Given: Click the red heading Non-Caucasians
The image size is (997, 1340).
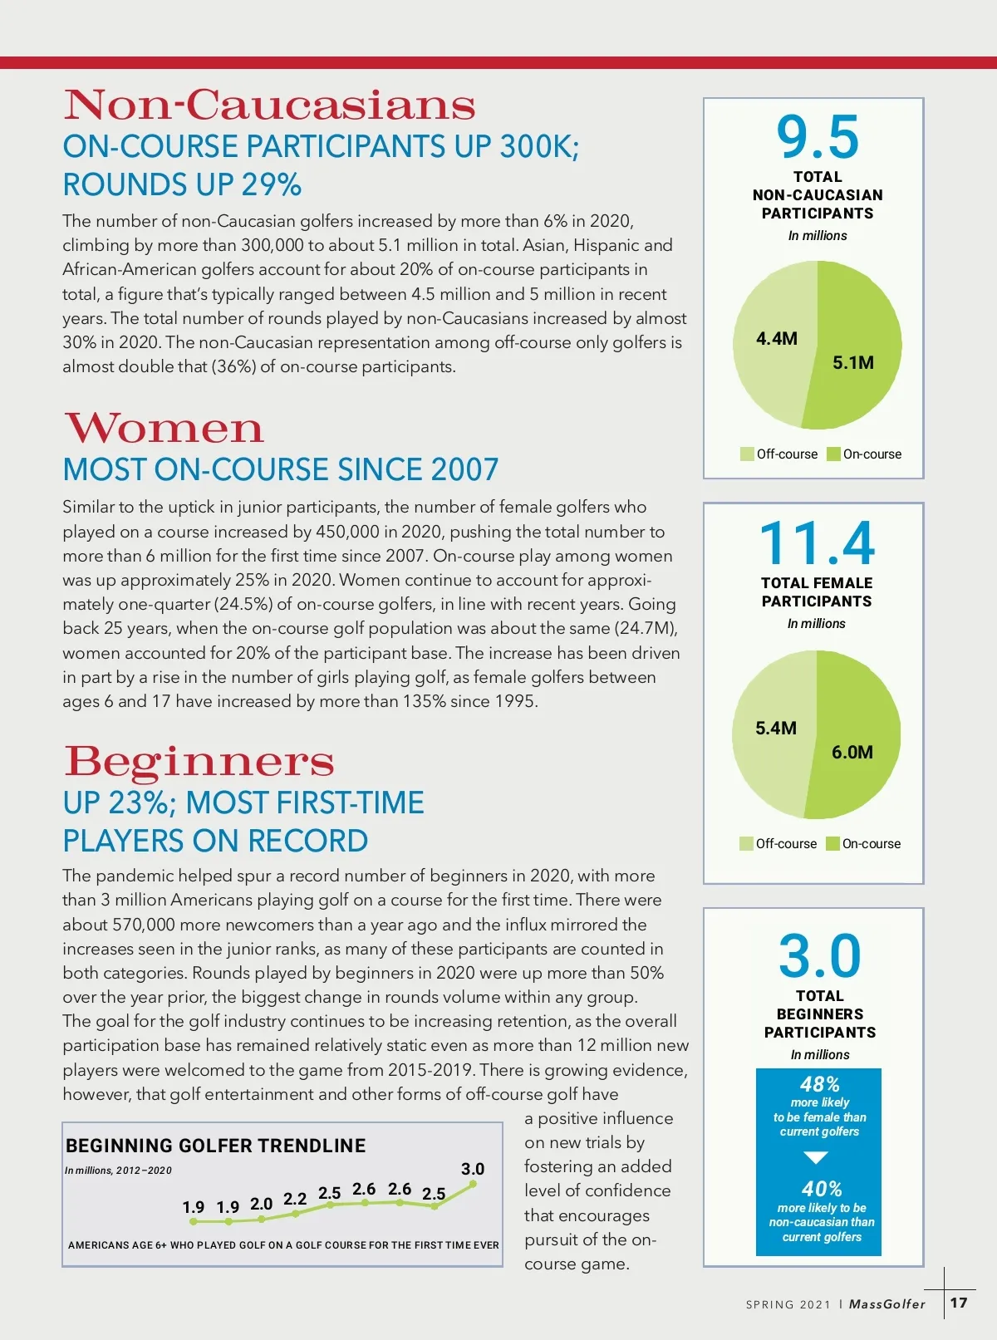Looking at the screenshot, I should (269, 106).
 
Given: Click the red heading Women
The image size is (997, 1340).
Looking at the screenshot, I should (164, 429).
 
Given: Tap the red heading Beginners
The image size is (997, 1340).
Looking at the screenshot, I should (199, 761).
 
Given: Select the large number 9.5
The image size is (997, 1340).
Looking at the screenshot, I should (818, 137).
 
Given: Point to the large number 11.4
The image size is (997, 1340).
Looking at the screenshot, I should (817, 543).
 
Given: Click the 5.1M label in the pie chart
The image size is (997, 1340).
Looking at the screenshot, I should (853, 363).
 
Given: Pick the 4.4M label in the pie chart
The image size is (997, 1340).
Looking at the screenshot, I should (776, 339).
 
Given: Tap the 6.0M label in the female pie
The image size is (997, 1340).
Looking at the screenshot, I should (852, 753).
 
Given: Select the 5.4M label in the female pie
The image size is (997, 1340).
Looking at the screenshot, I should (775, 729).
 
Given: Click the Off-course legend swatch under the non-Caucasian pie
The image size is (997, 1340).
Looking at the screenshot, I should (747, 454).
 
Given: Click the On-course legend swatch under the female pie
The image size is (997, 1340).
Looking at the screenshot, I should (832, 843).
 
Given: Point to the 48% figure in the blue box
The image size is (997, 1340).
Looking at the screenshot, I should (819, 1084).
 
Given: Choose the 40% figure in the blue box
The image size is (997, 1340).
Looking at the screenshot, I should (822, 1189).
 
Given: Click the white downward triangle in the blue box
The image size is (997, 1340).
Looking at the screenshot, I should (817, 1157).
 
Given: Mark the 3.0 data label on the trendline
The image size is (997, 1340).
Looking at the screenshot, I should (473, 1169).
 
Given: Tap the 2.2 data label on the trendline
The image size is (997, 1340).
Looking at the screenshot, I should (295, 1199).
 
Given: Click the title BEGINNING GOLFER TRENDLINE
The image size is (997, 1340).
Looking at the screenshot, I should (215, 1146).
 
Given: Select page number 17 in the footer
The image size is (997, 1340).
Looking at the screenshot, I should (959, 1303).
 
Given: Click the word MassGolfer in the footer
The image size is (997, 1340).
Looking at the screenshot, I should (886, 1304).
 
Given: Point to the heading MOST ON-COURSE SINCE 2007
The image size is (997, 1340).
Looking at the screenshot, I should (281, 470).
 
